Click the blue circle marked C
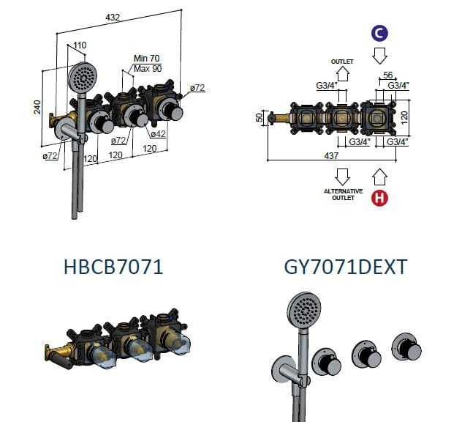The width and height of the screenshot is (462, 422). (x=379, y=33)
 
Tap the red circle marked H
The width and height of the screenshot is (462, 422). (x=379, y=197)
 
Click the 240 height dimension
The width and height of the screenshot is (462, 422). (x=37, y=108)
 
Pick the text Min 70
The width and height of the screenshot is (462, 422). (x=147, y=59)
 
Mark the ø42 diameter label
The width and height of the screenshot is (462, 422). (x=159, y=135)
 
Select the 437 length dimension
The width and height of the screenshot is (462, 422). (x=333, y=155)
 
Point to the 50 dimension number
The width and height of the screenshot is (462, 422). (x=258, y=117)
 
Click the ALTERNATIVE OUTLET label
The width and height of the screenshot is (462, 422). (x=343, y=194)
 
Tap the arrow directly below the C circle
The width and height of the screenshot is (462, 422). (x=379, y=56)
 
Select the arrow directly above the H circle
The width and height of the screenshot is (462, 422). (x=379, y=176)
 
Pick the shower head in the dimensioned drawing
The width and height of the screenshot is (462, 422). (x=83, y=75)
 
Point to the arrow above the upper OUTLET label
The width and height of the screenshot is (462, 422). (x=343, y=74)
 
